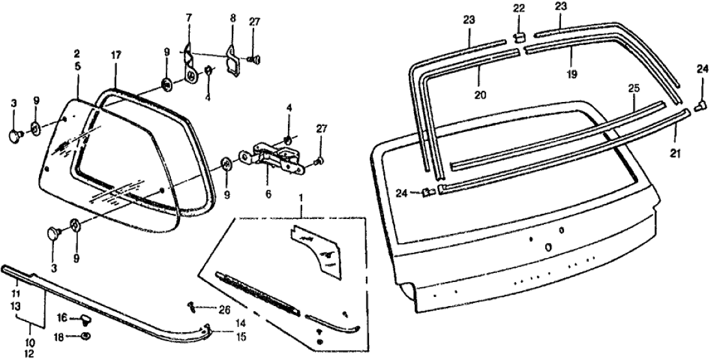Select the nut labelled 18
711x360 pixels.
87,336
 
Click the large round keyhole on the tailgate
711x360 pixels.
548,246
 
